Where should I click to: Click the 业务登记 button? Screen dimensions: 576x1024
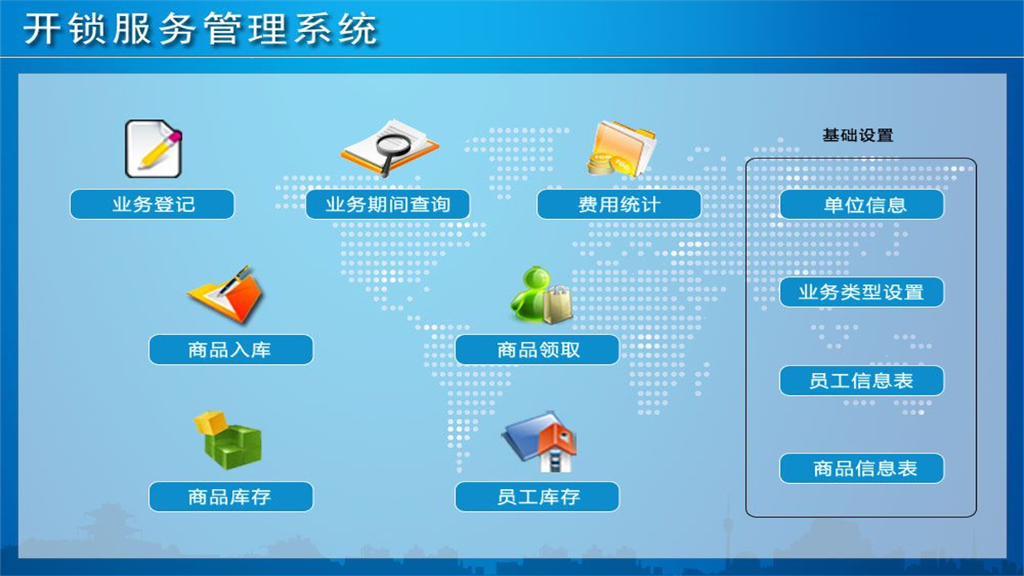coord(152,204)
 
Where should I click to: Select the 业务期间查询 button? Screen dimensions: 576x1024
coord(387,204)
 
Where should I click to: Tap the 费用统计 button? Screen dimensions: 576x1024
coord(618,204)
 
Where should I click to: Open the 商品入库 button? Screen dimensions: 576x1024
coord(230,350)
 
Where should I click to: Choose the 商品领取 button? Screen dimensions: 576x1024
coord(537,350)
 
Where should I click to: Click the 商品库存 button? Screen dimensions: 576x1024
coord(230,497)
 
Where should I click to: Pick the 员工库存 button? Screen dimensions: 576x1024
coord(537,497)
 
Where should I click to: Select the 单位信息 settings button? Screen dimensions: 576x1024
coord(862,204)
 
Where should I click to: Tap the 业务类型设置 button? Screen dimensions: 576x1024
coord(862,292)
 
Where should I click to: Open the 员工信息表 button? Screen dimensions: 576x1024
coord(862,381)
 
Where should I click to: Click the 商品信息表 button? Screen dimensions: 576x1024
coord(862,468)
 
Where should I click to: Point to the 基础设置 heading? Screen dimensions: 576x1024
coord(858,135)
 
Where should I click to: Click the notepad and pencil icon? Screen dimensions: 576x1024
coord(153,149)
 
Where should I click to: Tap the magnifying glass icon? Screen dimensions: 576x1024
coord(390,147)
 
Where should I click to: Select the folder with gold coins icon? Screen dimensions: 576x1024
coord(621,148)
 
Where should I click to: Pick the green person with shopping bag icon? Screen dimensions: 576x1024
coord(542,296)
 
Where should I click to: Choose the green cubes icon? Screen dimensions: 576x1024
coord(228,439)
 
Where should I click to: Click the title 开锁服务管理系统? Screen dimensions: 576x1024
coord(200,30)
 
